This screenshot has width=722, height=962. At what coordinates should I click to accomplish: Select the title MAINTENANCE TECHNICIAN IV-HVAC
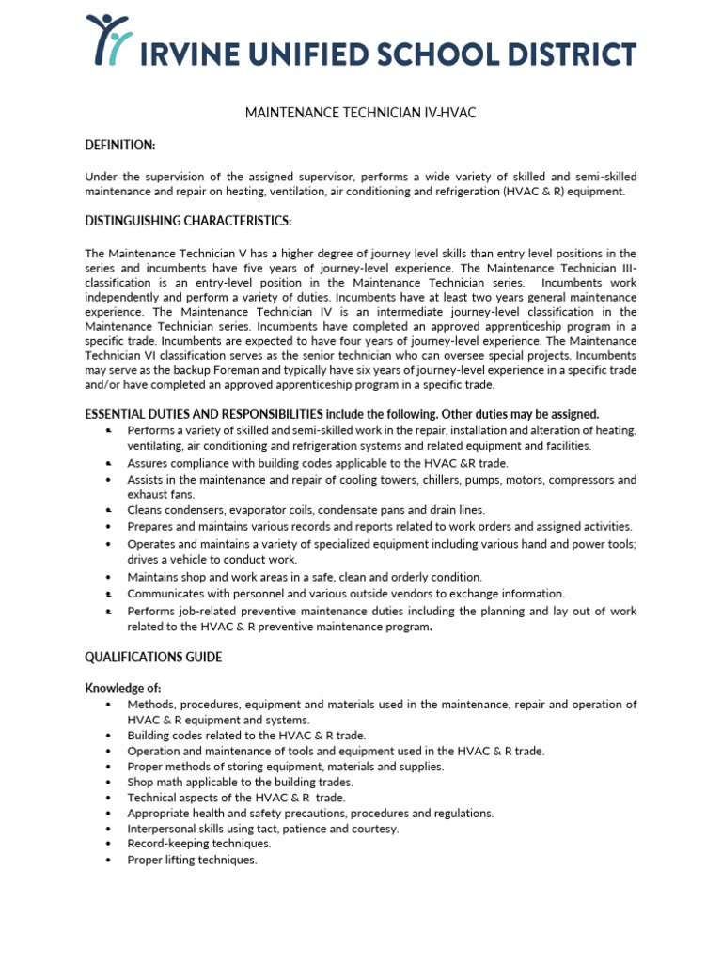coord(360,113)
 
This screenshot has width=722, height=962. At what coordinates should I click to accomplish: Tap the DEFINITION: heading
coord(119,145)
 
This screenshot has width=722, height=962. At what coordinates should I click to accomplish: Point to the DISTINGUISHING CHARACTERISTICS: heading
coord(188,221)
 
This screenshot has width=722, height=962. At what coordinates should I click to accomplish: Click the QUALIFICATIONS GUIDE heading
coord(153,657)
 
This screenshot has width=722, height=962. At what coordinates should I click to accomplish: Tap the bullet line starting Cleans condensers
coord(306,510)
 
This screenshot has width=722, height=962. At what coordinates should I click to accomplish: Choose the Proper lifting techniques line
coord(192,860)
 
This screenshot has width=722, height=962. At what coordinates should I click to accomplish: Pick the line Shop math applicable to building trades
coord(240,782)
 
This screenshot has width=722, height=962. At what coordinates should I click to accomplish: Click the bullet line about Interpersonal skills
coord(262,829)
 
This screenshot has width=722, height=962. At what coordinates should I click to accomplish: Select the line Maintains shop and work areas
coord(305,577)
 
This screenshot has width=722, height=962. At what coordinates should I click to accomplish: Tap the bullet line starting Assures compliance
coord(318,463)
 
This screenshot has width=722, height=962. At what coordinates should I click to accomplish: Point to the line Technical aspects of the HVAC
coord(236,798)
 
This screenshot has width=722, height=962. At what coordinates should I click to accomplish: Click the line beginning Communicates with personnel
coord(345,594)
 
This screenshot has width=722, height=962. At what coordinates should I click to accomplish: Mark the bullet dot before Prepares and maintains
coord(110,527)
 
